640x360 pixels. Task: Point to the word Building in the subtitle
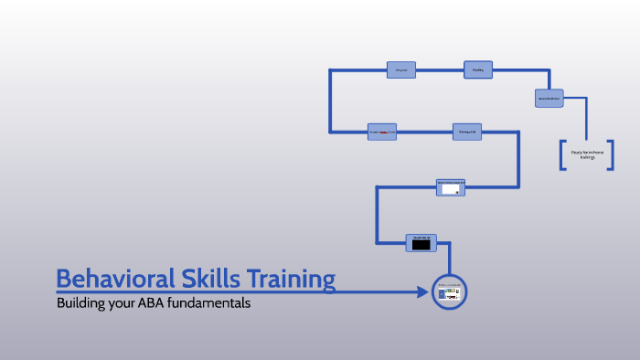[81, 302]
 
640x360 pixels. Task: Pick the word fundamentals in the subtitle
[214, 302]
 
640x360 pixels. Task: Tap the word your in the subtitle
[125, 302]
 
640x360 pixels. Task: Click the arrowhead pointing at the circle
[422, 292]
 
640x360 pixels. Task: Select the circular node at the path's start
[449, 292]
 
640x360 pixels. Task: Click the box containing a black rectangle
[421, 242]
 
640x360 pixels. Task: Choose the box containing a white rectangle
[451, 187]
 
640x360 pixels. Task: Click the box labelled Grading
[477, 69]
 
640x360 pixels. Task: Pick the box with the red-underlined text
[382, 132]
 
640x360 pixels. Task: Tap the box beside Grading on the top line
[400, 69]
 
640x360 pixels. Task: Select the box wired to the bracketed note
[549, 99]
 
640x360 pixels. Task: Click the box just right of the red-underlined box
[466, 132]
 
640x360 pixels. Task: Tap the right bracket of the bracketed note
[610, 154]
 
